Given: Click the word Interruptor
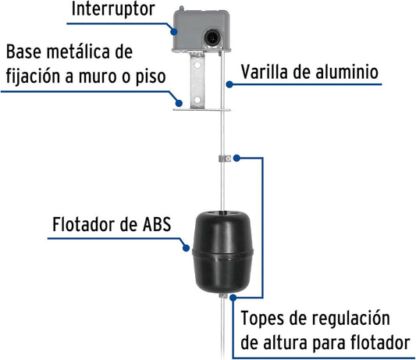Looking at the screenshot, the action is (113, 9).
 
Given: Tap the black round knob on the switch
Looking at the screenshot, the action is (212, 38).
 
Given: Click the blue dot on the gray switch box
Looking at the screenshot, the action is (174, 31).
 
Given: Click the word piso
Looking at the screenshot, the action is (151, 77).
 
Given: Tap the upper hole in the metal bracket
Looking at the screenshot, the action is (197, 65).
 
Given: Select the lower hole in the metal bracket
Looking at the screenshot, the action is (197, 100).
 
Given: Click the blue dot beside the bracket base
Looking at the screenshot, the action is (179, 103).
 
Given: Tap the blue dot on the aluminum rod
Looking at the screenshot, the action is (229, 84).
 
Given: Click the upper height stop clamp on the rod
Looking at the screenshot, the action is (225, 159).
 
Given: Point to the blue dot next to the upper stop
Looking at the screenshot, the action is (237, 159).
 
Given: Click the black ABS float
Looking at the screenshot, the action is (222, 251).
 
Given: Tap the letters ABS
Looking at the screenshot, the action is (157, 224).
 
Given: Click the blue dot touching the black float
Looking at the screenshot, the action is (187, 248).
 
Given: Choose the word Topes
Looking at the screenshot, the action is (262, 319).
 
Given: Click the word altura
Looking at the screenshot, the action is (285, 343).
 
